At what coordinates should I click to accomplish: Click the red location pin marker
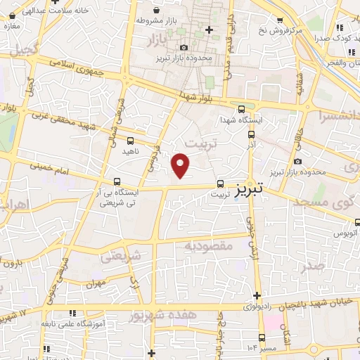[181, 165]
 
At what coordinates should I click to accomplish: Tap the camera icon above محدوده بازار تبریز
[184, 46]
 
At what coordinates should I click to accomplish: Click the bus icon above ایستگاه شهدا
[242, 109]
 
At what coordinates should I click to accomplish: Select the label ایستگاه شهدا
[242, 120]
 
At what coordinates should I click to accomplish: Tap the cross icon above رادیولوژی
[257, 295]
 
